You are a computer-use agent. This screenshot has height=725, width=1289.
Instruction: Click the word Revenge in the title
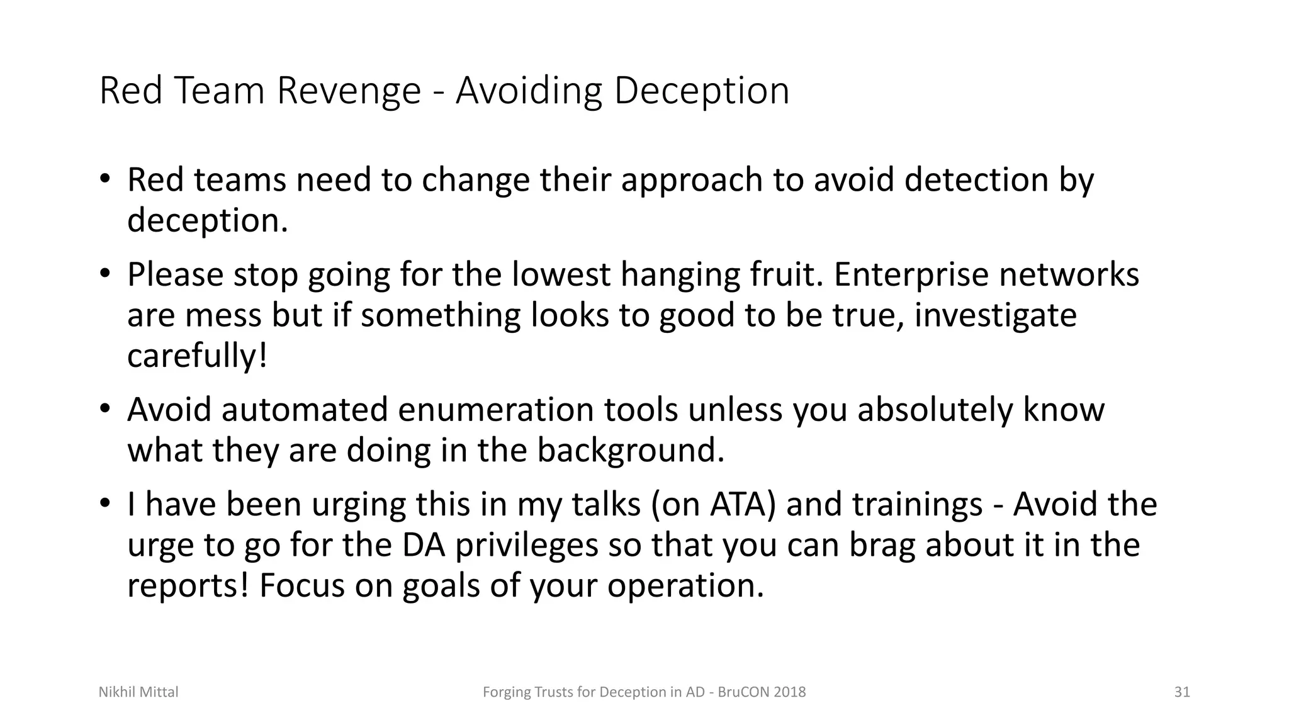tap(348, 91)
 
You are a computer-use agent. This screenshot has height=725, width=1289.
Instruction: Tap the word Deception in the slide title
tap(701, 91)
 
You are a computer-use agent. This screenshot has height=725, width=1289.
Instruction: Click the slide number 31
tap(1182, 692)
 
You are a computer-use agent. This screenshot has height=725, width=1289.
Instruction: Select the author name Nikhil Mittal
tap(138, 692)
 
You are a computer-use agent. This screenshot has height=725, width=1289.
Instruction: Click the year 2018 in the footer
tap(790, 692)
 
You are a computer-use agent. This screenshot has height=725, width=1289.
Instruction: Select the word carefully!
tap(197, 356)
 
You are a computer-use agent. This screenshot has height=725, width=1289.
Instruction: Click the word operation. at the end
tap(685, 586)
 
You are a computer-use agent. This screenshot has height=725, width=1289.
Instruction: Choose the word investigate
tap(995, 315)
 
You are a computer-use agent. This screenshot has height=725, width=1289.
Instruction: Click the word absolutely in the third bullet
tap(935, 410)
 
